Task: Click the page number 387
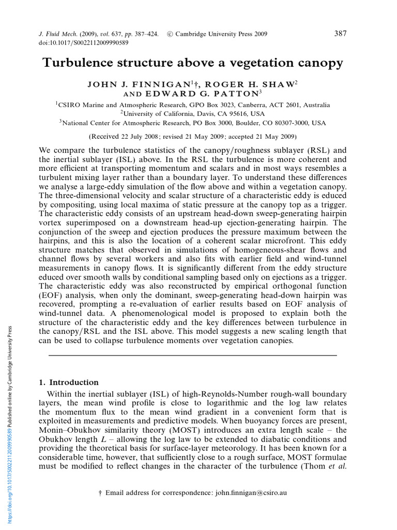coord(340,34)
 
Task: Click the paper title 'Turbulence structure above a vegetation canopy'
coord(192,63)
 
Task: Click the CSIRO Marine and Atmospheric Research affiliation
coord(192,105)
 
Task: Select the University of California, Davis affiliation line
coord(192,114)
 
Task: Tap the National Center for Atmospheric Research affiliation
coord(192,123)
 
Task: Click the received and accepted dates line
coord(192,137)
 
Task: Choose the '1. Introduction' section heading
coord(69,382)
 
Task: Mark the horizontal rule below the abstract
coord(192,356)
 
